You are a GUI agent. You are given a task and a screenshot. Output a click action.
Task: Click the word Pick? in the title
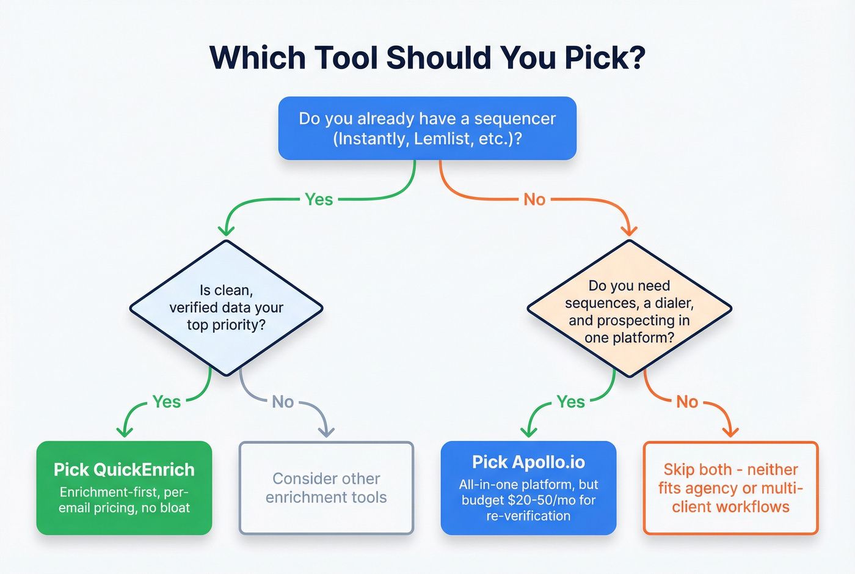(605, 58)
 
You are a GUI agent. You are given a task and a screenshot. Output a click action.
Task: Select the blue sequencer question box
(427, 128)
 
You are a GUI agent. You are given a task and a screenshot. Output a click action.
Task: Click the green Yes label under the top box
(319, 199)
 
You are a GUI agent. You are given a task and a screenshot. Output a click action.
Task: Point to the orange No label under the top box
(534, 199)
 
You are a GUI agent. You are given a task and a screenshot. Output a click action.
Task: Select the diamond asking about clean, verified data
(226, 307)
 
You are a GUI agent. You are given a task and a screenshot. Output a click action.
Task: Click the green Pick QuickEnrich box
(124, 488)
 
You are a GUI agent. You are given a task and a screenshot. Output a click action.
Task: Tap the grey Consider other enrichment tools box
(326, 488)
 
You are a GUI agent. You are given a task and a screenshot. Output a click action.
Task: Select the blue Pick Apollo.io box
(528, 488)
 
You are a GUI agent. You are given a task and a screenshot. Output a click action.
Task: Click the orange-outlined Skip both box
(730, 488)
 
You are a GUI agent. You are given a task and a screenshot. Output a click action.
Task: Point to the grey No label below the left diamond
(283, 402)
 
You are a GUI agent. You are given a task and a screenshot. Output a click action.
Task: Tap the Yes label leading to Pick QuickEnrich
(167, 402)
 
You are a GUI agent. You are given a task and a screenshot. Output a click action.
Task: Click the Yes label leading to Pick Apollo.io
(571, 402)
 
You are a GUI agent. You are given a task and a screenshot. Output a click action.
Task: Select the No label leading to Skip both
(687, 402)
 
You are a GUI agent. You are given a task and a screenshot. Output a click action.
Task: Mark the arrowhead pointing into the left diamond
(226, 230)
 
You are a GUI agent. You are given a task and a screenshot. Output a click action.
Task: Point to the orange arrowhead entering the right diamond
(629, 230)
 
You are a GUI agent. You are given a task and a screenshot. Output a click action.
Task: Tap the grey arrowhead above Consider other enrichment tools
(327, 432)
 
